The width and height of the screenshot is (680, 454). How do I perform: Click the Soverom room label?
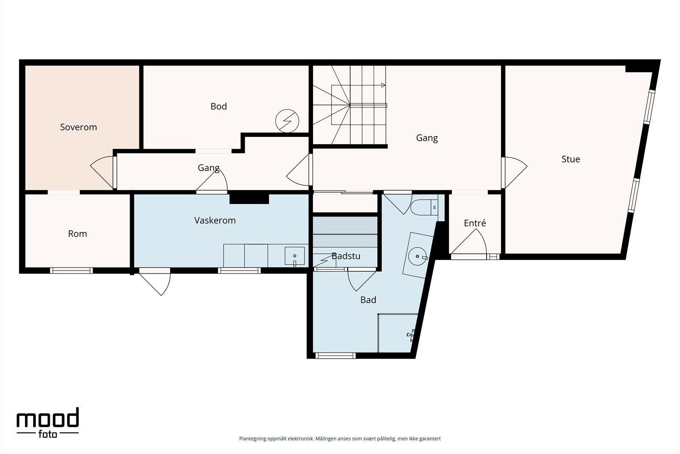pyautogui.click(x=78, y=127)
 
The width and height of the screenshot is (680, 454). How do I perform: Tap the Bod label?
pyautogui.click(x=218, y=106)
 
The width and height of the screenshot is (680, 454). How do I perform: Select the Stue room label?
pyautogui.click(x=571, y=159)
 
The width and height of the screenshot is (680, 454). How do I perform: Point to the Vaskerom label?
pyautogui.click(x=215, y=220)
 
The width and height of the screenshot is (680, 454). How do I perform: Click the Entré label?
pyautogui.click(x=475, y=223)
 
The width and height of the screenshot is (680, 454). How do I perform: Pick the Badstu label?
pyautogui.click(x=346, y=256)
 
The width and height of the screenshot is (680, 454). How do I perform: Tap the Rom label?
pyautogui.click(x=77, y=234)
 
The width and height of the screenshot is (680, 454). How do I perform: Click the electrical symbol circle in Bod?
pyautogui.click(x=287, y=121)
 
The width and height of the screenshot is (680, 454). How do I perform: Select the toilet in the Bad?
pyautogui.click(x=425, y=207)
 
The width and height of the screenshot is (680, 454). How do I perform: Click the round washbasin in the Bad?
pyautogui.click(x=417, y=257)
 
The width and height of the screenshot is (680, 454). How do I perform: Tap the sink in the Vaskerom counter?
pyautogui.click(x=295, y=256)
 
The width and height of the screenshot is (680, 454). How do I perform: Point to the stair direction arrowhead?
pyautogui.click(x=383, y=86)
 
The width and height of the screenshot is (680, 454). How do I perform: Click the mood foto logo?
pyautogui.click(x=48, y=423)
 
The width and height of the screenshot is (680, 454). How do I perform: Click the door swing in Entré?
pyautogui.click(x=469, y=242)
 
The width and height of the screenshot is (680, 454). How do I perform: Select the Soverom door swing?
pyautogui.click(x=102, y=172)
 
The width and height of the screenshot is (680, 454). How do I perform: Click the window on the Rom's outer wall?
pyautogui.click(x=71, y=271)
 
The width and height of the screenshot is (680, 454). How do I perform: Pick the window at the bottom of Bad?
pyautogui.click(x=335, y=356)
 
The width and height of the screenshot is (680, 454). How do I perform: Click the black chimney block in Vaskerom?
pyautogui.click(x=249, y=199)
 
